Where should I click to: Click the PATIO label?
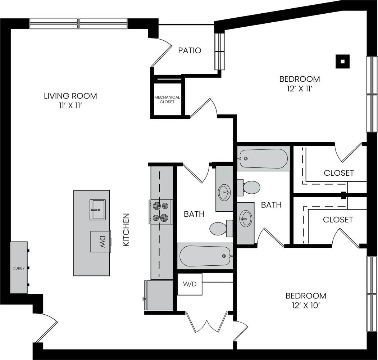[190, 50]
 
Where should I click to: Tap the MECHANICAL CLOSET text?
[167, 99]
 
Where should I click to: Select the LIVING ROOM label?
[70, 96]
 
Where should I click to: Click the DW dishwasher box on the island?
[100, 242]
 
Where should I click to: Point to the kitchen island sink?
[97, 210]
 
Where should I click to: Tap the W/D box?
[190, 284]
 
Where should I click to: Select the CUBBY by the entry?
[19, 268]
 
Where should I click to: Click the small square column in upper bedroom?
[342, 61]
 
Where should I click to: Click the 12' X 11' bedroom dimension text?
[300, 88]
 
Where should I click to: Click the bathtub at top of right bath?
[263, 158]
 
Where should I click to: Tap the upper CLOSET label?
[339, 173]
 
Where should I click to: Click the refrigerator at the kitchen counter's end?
[158, 295]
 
